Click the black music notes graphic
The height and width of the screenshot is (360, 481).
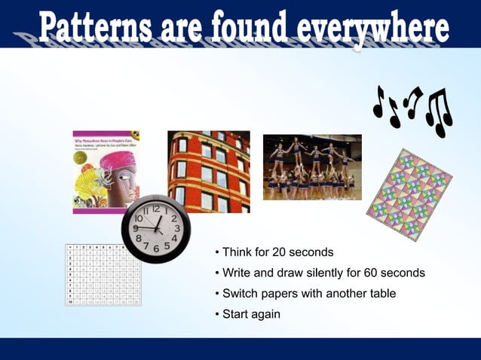[414, 110]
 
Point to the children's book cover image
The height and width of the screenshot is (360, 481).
[106, 172]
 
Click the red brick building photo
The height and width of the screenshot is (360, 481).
[209, 171]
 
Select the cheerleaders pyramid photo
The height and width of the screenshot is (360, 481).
[312, 166]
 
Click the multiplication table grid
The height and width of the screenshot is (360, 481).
[103, 274]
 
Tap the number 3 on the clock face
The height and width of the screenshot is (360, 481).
[176, 227]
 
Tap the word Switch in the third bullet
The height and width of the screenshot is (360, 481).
[240, 293]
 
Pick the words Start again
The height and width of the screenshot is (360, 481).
[251, 313]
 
